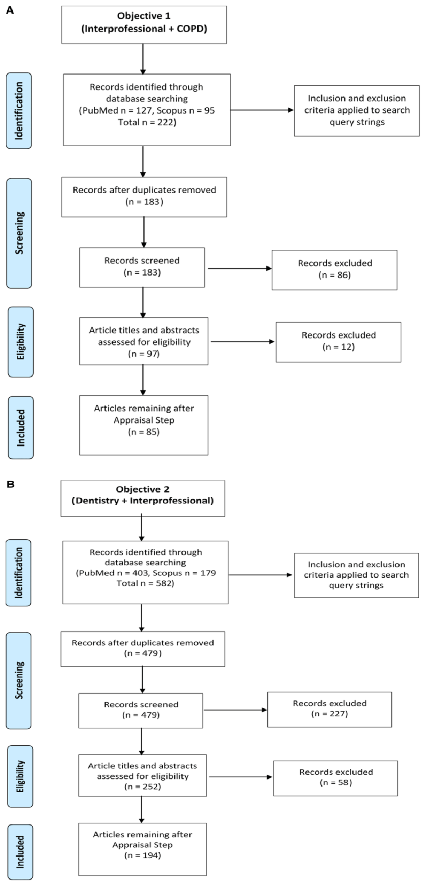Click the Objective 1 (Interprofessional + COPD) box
[x=144, y=25]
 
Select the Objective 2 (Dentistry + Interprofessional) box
[x=143, y=498]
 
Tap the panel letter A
[x=10, y=10]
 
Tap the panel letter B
[x=10, y=484]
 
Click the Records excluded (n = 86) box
[x=334, y=270]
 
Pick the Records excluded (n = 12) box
[x=339, y=342]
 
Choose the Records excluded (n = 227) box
[x=330, y=709]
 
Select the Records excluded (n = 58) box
[x=336, y=778]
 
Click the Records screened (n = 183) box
[x=142, y=267]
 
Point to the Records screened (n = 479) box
[x=141, y=710]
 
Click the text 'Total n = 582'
[x=145, y=583]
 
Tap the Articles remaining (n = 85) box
[x=144, y=425]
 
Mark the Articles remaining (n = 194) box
[x=142, y=849]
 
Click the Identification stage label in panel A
[x=19, y=110]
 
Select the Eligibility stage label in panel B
[x=20, y=776]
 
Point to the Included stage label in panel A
[x=20, y=428]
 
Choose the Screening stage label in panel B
[x=19, y=680]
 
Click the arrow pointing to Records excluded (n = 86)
[x=240, y=269]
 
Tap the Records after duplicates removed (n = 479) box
[x=143, y=648]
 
